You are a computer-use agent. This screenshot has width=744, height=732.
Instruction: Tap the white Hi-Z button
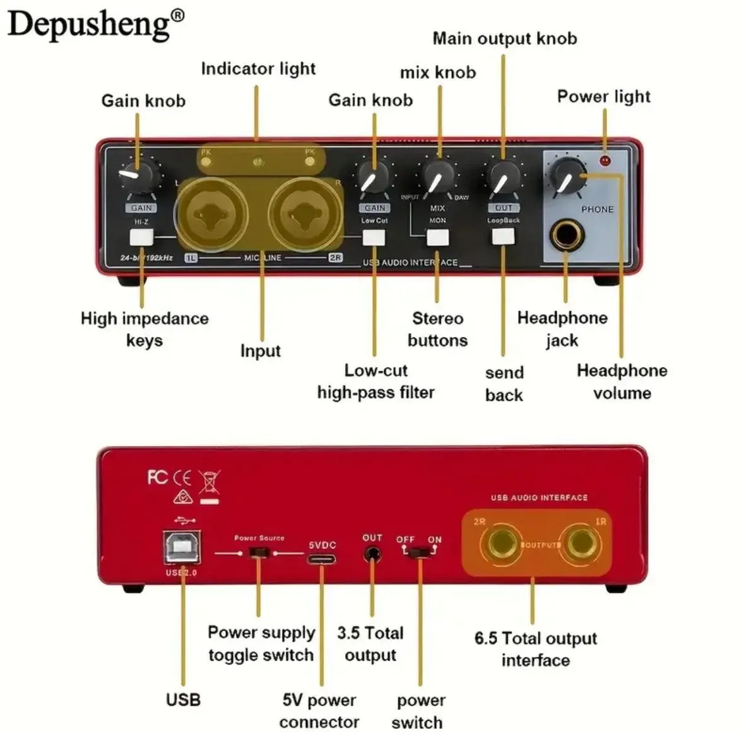(x=141, y=238)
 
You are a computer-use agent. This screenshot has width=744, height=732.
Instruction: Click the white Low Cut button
(x=374, y=238)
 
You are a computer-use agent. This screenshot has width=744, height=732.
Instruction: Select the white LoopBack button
(x=503, y=237)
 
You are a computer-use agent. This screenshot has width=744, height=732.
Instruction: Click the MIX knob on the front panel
(x=438, y=176)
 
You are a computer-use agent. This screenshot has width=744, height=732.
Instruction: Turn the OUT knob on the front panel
(x=504, y=176)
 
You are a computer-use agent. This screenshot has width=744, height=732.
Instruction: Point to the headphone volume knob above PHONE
(x=567, y=174)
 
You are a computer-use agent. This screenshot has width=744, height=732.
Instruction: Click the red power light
(x=605, y=160)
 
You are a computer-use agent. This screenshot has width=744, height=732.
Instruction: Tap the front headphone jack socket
(x=566, y=235)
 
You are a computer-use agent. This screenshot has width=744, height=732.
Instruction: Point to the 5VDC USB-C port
(x=322, y=558)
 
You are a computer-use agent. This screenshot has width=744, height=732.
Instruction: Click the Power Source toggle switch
(x=259, y=553)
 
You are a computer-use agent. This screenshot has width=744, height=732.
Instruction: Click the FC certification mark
(x=158, y=477)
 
